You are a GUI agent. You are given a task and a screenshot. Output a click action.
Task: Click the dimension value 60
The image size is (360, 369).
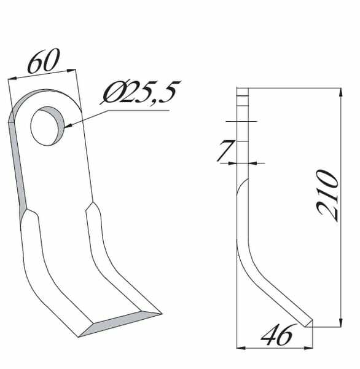[x=44, y=60]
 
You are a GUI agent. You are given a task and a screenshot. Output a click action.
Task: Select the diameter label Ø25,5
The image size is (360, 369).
[x=141, y=92]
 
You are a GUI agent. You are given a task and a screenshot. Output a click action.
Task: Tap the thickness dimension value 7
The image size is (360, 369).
[x=225, y=151]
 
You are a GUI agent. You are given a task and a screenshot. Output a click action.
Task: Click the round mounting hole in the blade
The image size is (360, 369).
[x=47, y=126]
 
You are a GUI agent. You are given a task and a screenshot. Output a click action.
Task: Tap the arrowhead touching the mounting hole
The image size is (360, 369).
[x=68, y=125]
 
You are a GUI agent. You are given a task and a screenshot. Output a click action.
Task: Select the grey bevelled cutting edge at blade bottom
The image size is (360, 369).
[x=120, y=324]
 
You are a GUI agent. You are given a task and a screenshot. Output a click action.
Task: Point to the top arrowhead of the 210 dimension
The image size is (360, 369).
[x=341, y=92]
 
